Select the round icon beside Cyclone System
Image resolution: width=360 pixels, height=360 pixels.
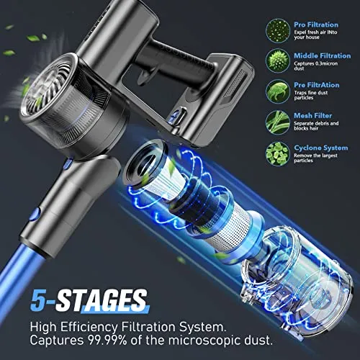click(x=278, y=151)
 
